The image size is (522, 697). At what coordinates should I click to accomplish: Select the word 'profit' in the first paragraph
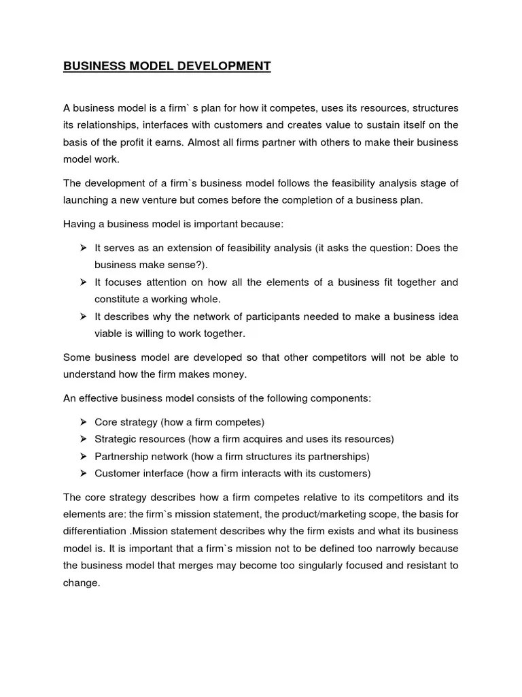pos(155,142)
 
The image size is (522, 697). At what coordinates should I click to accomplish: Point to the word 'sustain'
pos(385,125)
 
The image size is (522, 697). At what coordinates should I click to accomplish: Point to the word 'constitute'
pos(118,299)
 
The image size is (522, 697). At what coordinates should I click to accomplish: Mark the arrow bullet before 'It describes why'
pos(83,317)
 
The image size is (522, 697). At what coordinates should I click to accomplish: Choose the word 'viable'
pos(109,334)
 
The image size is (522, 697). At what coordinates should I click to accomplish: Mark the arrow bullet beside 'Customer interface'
pos(83,473)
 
